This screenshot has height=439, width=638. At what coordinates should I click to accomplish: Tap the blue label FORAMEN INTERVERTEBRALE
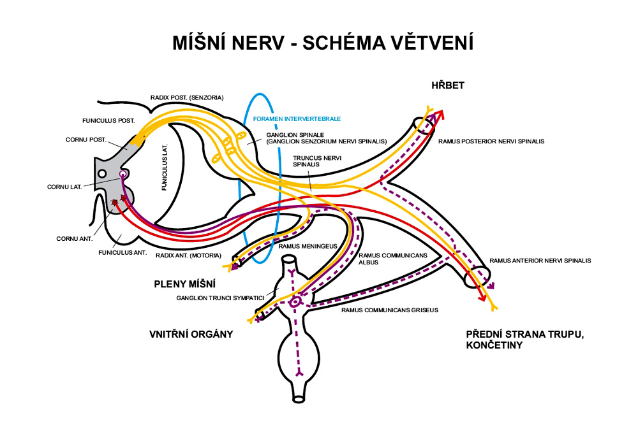(x=297, y=119)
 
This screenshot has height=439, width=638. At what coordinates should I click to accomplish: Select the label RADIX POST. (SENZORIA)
(x=187, y=97)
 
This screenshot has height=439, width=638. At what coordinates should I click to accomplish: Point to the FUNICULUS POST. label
(x=108, y=120)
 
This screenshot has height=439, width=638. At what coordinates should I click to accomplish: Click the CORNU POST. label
(x=85, y=139)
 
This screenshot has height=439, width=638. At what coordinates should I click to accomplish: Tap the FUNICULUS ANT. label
(x=123, y=253)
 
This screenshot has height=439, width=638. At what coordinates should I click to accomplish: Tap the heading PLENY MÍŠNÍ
(x=184, y=284)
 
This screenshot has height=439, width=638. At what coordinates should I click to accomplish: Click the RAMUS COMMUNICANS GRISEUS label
(x=390, y=311)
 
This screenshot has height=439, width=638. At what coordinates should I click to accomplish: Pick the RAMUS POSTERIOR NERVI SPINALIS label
(x=491, y=141)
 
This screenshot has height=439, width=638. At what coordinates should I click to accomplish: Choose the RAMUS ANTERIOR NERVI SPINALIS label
(x=540, y=260)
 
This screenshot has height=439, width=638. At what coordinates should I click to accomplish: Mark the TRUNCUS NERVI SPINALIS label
(x=311, y=160)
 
